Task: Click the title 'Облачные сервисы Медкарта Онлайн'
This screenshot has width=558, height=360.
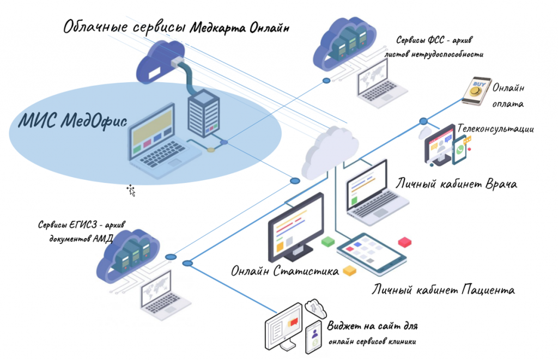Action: click(x=176, y=26)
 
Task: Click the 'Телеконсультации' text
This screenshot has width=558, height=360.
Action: click(x=495, y=129)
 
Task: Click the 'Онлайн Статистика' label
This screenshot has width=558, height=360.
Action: click(x=284, y=271)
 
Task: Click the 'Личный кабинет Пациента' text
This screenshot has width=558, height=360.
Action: click(x=442, y=289)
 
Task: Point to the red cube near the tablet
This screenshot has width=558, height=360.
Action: click(x=404, y=242)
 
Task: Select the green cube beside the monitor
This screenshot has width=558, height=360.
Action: click(x=327, y=241)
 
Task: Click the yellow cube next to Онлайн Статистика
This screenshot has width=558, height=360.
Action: click(x=349, y=271)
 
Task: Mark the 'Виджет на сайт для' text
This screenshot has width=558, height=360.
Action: click(x=373, y=327)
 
